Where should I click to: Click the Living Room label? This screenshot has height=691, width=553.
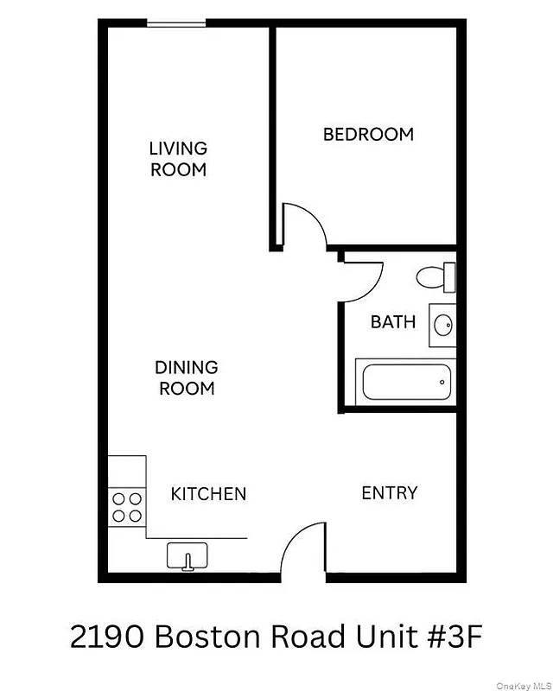click(179, 159)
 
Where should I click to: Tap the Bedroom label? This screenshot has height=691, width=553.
click(368, 134)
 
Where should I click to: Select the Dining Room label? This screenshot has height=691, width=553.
click(186, 378)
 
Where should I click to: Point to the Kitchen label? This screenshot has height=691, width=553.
click(208, 494)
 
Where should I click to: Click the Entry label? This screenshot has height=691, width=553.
click(389, 492)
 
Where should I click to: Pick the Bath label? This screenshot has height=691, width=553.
click(393, 321)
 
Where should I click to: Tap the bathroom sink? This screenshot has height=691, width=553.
click(442, 326)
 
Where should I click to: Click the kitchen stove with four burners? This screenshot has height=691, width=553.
click(127, 507)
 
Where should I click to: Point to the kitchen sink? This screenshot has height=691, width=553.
click(188, 555)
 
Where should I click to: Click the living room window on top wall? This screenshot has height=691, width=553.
click(175, 24)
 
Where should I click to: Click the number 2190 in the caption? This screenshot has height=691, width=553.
click(107, 638)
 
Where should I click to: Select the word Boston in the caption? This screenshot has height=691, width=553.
click(208, 638)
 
